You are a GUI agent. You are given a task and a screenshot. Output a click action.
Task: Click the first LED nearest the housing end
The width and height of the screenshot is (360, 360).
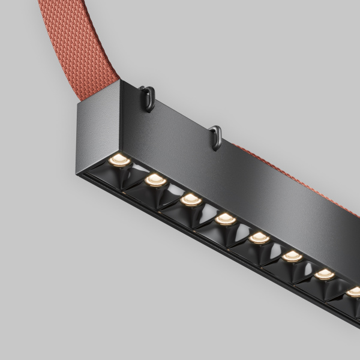click(x=119, y=159)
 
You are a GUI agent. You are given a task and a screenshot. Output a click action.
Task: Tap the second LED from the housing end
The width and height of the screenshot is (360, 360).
click(x=155, y=179)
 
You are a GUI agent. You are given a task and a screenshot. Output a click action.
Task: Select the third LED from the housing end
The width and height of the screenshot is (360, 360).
click(x=190, y=199)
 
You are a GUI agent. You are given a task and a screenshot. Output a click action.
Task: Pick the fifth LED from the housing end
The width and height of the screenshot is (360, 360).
click(x=259, y=237)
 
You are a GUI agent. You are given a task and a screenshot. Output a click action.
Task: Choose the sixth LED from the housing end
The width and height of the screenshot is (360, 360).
click(x=292, y=256)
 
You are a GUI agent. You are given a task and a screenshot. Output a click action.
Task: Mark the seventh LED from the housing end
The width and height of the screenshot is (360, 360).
click(x=325, y=274)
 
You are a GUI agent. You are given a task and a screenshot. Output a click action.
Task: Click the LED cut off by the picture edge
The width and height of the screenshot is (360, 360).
click(x=354, y=292)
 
